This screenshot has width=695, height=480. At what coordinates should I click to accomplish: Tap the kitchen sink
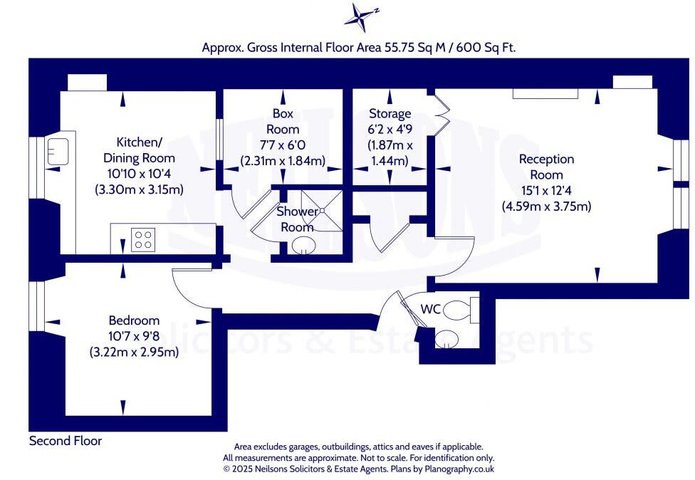coord(57,150)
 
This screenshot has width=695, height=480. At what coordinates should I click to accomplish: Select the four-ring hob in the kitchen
coord(143,239)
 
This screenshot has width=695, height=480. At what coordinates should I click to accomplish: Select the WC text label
coord(431,309)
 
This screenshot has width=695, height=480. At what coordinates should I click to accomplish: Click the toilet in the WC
coord(464,311)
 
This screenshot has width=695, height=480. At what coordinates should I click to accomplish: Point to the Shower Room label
coord(297,219)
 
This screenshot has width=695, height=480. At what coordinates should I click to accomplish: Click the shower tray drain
coord(322,210)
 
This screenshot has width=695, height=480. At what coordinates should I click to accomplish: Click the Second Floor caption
coord(66,441)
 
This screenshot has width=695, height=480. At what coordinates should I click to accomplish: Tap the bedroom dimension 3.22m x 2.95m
coord(134,352)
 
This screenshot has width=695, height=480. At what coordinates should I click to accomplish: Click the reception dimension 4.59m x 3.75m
coord(546,207)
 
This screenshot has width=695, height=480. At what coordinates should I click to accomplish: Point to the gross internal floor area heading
coord(359,47)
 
